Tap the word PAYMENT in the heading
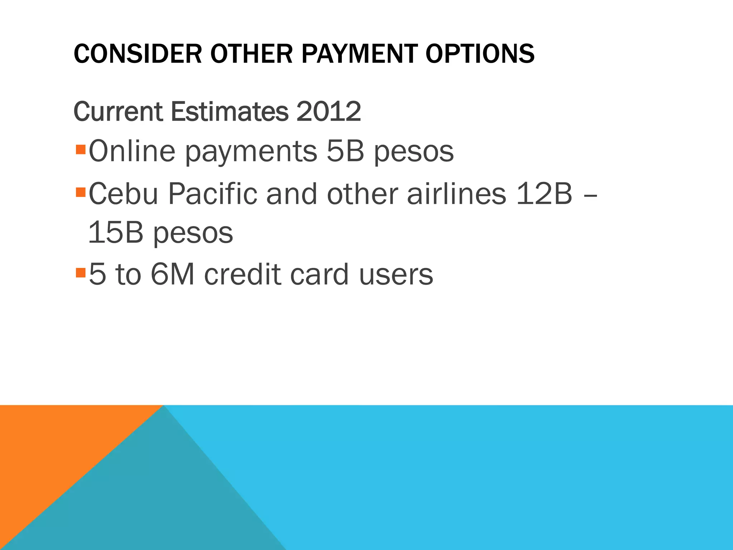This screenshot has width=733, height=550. (x=359, y=54)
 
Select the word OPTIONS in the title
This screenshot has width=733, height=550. (x=480, y=54)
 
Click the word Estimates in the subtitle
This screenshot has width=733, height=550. (x=229, y=112)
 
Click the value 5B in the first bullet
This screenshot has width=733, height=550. (x=345, y=151)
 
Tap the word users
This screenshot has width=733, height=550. (x=396, y=274)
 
